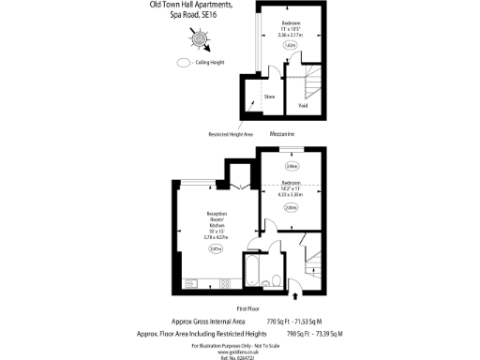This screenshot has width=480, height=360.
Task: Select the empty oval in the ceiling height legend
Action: coord(183,64)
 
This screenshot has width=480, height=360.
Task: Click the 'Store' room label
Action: coord(269,95)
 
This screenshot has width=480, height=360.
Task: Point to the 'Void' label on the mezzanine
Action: coord(303,105)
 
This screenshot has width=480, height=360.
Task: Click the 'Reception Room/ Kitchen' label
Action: coord(217,226)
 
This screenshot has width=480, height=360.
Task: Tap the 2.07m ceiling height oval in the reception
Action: coord(216,248)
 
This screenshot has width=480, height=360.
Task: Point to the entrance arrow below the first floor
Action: coord(297,296)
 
